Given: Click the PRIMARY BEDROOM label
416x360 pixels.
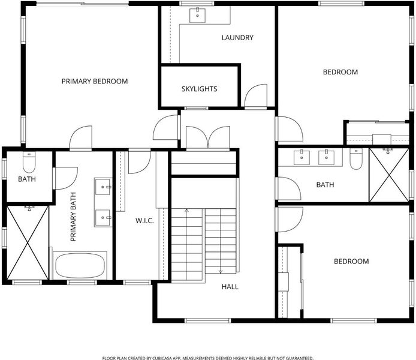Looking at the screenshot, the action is pyautogui.click(x=95, y=81).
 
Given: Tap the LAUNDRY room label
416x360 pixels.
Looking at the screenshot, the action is pyautogui.click(x=237, y=38).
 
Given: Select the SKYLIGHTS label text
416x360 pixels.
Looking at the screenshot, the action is pyautogui.click(x=199, y=89).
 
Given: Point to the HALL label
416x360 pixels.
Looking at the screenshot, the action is pyautogui.click(x=230, y=287).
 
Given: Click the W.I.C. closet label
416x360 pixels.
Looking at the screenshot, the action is pyautogui.click(x=144, y=221).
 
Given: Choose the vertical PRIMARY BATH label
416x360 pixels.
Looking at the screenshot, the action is pyautogui.click(x=73, y=217).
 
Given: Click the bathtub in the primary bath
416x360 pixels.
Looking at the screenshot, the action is pyautogui.click(x=80, y=265).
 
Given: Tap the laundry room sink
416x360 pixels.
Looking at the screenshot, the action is pyautogui.click(x=197, y=16).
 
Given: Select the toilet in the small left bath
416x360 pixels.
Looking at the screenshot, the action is pyautogui.click(x=29, y=162).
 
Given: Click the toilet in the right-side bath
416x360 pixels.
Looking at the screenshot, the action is pyautogui.click(x=356, y=159).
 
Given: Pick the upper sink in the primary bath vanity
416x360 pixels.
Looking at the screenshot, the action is pyautogui.click(x=103, y=187).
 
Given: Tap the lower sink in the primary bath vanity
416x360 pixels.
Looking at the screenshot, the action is pyautogui.click(x=103, y=218).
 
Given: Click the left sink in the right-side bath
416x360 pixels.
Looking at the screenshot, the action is pyautogui.click(x=302, y=157).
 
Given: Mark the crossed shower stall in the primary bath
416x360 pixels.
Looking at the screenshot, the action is pyautogui.click(x=28, y=242).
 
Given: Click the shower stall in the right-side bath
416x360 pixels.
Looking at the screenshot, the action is pyautogui.click(x=389, y=175).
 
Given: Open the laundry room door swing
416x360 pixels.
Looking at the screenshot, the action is pyautogui.click(x=256, y=95).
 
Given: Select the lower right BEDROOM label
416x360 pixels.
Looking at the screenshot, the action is pyautogui.click(x=351, y=262).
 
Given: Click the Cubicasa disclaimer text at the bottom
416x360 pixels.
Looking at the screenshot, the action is pyautogui.click(x=208, y=358).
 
